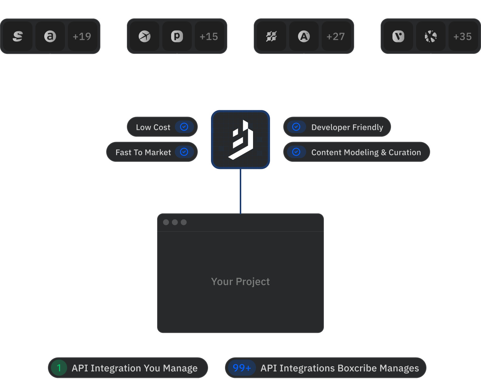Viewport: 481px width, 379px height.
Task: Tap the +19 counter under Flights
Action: [82, 37]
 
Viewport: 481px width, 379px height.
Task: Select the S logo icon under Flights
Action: [18, 37]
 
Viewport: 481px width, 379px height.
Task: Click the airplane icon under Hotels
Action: [145, 37]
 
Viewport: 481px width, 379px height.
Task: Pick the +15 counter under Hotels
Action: [209, 37]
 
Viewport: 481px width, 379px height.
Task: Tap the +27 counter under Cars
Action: [336, 37]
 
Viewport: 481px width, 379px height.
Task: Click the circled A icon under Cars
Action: [304, 37]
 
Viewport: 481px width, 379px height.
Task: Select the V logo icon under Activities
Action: [398, 37]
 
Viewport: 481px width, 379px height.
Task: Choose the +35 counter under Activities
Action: [463, 37]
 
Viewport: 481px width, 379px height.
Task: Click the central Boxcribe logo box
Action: [240, 139]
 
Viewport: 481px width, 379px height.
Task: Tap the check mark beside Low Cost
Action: [184, 127]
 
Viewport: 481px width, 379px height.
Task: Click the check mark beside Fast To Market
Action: [184, 152]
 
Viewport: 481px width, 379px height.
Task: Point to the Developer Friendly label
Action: [347, 127]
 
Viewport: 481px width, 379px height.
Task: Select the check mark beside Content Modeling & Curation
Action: [296, 152]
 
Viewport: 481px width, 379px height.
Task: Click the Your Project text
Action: [240, 282]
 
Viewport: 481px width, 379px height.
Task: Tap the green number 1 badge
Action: [59, 368]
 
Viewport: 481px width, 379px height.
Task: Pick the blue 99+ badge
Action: [242, 368]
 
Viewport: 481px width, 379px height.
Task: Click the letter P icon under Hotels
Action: [177, 37]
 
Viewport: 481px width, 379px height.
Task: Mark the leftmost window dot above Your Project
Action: [166, 222]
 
